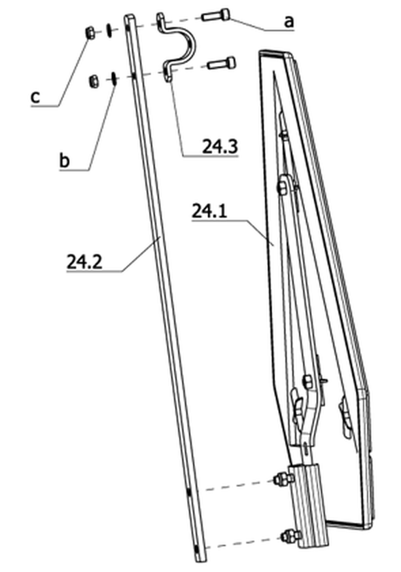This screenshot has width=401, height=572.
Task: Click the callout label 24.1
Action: point(209,211)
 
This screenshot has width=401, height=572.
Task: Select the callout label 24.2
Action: point(84,262)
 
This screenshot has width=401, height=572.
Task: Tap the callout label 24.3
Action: point(220,147)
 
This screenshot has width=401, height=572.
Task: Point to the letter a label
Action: point(289,22)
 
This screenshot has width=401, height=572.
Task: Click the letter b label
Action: point(64,160)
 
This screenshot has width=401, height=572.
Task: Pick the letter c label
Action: point(35,97)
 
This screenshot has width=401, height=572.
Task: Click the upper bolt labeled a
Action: point(215,16)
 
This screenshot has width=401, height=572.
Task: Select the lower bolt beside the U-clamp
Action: point(222,63)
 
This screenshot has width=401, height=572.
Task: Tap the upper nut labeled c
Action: point(90,33)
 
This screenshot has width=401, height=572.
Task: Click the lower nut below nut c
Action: point(94,81)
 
